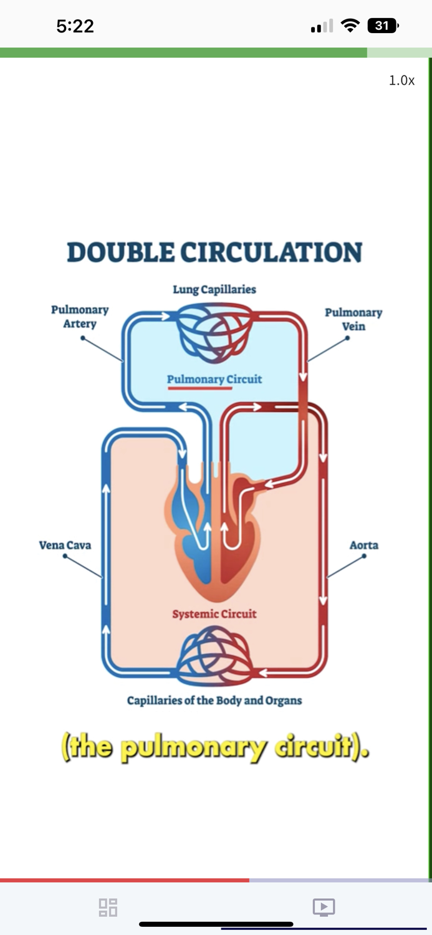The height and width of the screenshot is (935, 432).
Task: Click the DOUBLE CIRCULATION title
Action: (x=214, y=252)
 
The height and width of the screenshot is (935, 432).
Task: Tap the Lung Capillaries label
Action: (x=214, y=289)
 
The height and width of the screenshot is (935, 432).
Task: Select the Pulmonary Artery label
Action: (x=80, y=317)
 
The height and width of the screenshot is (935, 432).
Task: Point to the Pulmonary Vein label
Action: (x=353, y=319)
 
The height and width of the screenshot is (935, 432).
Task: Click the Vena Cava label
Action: (x=65, y=545)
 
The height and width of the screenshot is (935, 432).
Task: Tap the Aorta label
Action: (x=364, y=545)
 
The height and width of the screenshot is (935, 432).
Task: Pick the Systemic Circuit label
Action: (x=214, y=614)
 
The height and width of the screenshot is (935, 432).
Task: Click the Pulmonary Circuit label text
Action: (x=214, y=379)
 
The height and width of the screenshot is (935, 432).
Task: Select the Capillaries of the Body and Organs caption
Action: (x=214, y=701)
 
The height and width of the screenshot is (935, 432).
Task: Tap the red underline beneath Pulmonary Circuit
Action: (x=199, y=388)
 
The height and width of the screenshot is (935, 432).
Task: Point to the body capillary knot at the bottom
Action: (x=214, y=659)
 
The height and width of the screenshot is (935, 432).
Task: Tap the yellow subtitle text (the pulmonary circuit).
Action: (x=214, y=747)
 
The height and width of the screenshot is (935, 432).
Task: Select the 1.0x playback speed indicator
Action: (x=401, y=80)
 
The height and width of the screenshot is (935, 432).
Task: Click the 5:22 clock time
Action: (x=75, y=26)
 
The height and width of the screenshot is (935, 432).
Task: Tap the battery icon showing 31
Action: (x=383, y=26)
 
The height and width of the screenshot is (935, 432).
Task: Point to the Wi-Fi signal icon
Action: (x=352, y=26)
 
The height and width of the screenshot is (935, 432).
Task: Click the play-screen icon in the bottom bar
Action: (x=324, y=907)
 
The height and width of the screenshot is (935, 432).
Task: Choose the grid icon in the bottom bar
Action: (x=108, y=907)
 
